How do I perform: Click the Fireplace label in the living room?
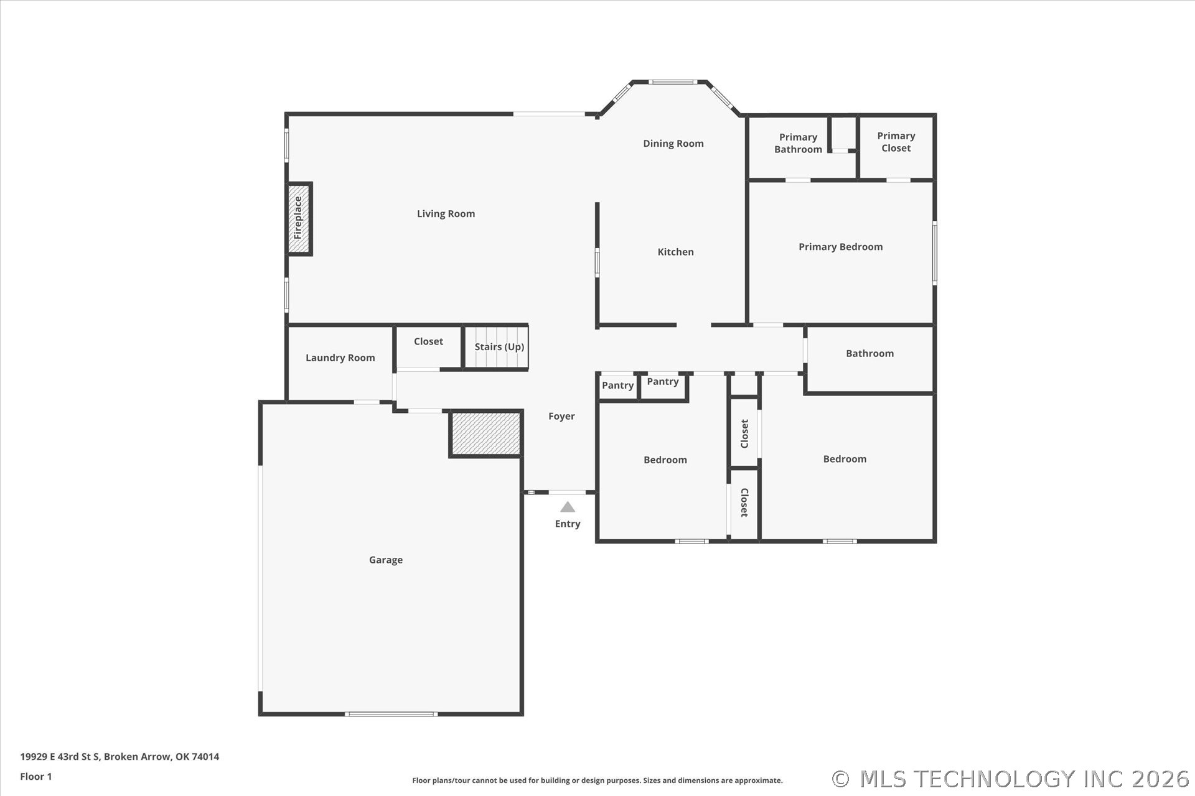tap(298, 218)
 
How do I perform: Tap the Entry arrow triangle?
tap(568, 507)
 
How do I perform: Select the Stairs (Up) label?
tap(499, 346)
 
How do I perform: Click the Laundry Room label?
tap(340, 358)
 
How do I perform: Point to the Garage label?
tap(386, 560)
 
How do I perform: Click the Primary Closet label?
tap(896, 142)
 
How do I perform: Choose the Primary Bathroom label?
tap(798, 143)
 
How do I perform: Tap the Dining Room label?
tap(673, 144)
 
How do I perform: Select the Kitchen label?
tap(676, 252)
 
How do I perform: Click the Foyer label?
tap(561, 417)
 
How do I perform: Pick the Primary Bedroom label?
tap(841, 247)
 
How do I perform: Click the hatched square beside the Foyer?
tap(485, 433)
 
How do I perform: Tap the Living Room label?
tap(446, 214)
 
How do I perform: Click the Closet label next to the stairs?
tap(428, 341)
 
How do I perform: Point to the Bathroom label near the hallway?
tap(869, 353)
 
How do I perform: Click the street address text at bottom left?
tap(119, 757)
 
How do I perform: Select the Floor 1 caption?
tap(36, 777)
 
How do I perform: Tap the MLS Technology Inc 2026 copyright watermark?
tap(1011, 779)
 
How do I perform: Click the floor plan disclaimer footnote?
tap(597, 780)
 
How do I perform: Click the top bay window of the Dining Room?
tap(672, 81)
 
